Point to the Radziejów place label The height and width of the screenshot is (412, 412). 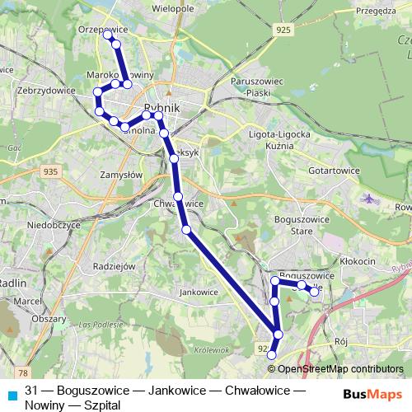114,266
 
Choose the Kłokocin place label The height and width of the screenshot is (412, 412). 356,260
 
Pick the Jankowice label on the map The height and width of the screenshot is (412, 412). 198,291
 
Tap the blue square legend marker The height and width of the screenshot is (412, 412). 12,395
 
